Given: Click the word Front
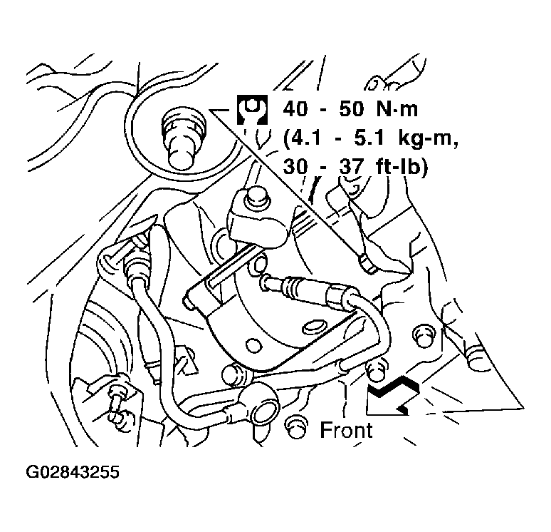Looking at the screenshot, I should pyautogui.click(x=346, y=430).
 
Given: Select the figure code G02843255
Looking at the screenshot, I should pyautogui.click(x=73, y=472).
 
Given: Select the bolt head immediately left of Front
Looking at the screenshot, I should pyautogui.click(x=295, y=427).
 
